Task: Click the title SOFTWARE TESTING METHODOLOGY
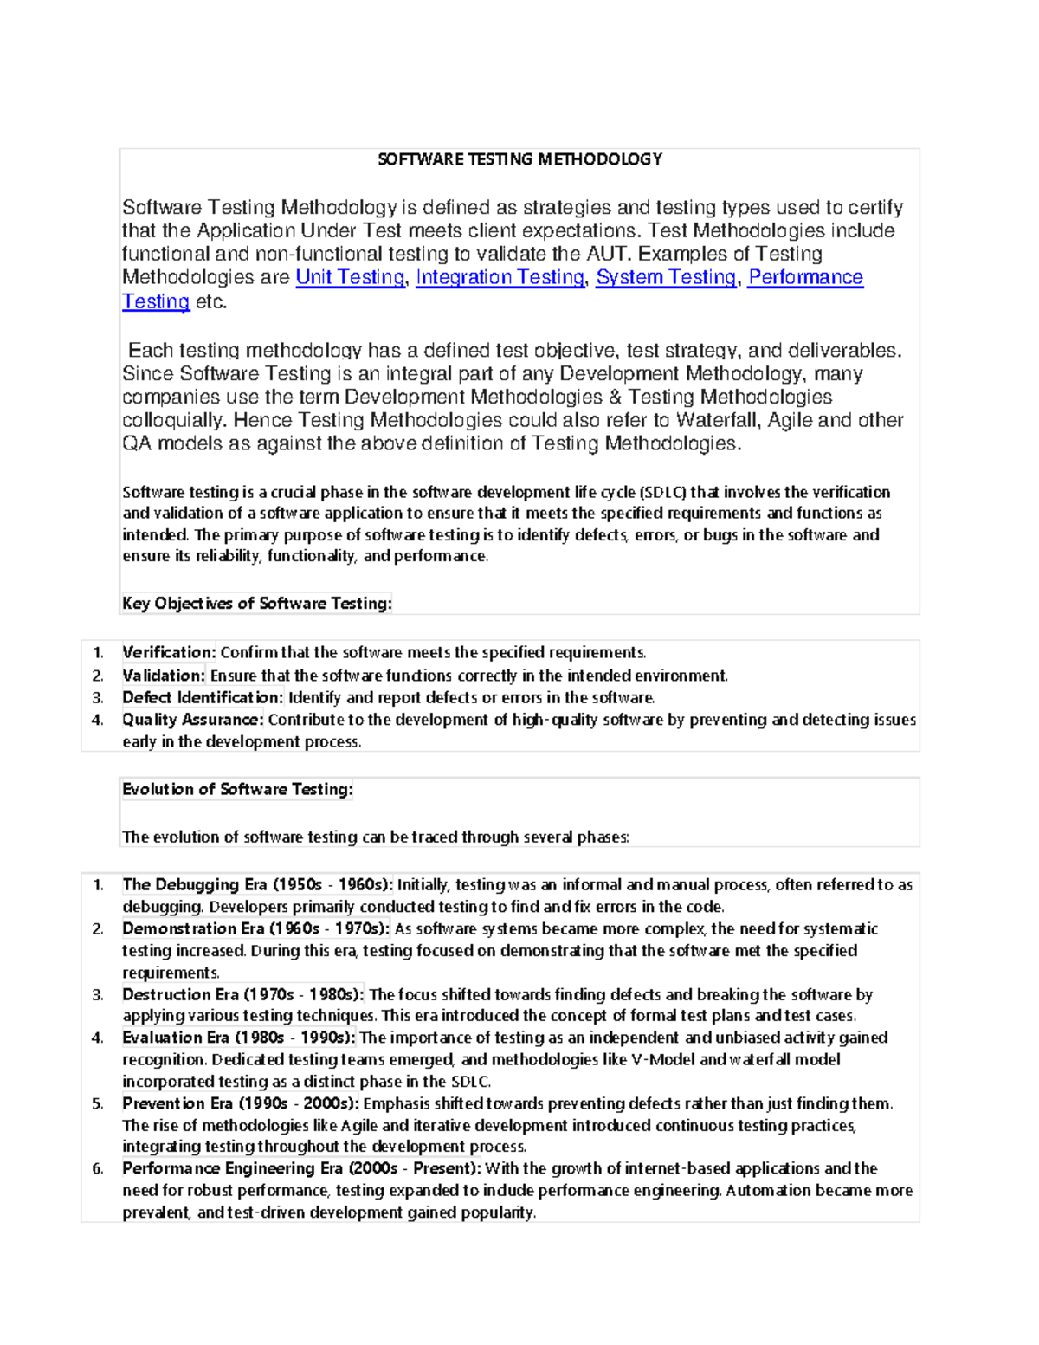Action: [519, 159]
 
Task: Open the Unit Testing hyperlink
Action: [350, 277]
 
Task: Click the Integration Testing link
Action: [500, 277]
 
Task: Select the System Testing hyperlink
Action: [666, 277]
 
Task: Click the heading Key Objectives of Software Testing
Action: [256, 604]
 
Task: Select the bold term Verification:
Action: [169, 652]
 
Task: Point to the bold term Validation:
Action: [164, 676]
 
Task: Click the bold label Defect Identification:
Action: [203, 697]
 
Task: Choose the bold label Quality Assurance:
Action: [192, 720]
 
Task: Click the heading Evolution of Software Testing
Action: [237, 789]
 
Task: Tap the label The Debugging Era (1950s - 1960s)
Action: [257, 884]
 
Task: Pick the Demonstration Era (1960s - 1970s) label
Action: [255, 928]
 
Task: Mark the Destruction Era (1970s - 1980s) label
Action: [242, 994]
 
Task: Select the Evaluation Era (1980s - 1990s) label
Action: [238, 1038]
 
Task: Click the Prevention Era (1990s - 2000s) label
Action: [240, 1103]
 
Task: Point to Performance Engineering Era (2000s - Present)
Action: [301, 1168]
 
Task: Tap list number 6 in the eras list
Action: [98, 1168]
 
